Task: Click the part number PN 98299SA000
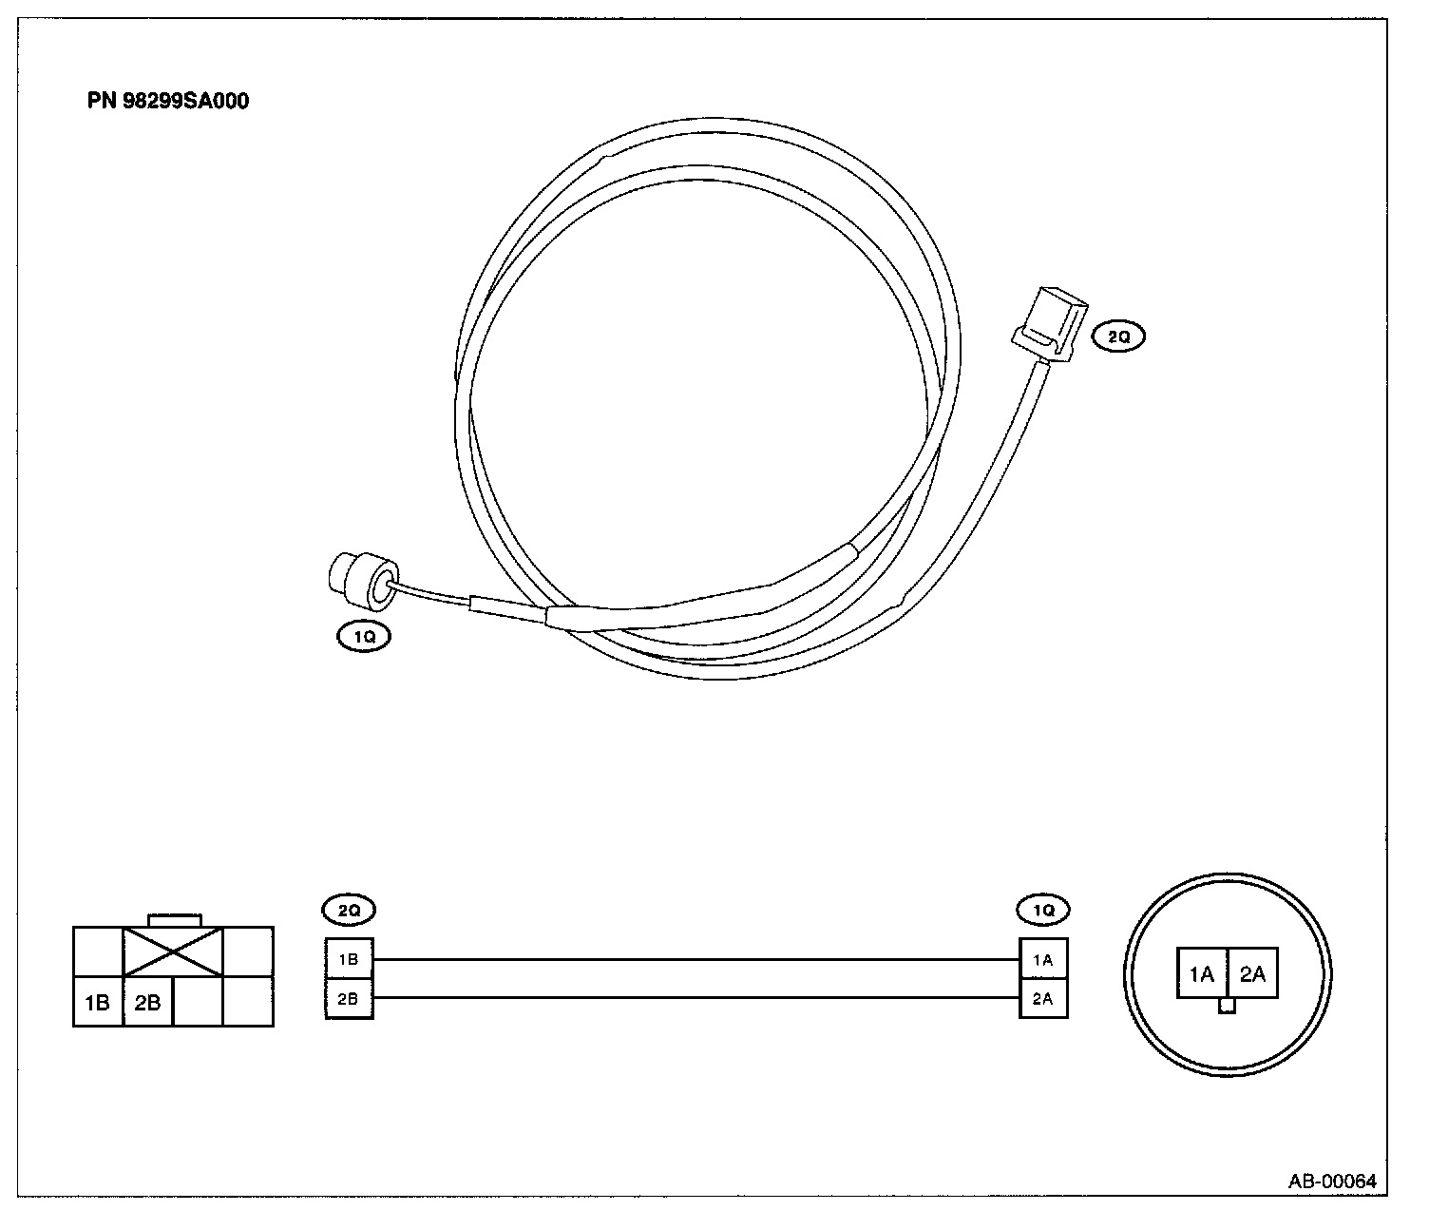(x=168, y=102)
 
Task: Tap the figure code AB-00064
(x=1332, y=1182)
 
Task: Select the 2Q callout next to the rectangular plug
(x=1118, y=336)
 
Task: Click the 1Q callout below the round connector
(x=364, y=638)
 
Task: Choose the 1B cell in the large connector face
(x=98, y=1002)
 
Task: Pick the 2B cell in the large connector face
(x=148, y=1002)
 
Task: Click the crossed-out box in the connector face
(x=173, y=951)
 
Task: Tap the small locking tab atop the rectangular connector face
(x=175, y=920)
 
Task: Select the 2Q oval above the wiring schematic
(x=349, y=910)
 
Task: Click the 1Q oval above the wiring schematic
(x=1043, y=910)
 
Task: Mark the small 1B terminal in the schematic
(x=349, y=959)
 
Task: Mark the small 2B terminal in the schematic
(x=349, y=999)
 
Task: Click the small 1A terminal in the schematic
(x=1043, y=959)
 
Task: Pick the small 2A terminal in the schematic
(x=1043, y=999)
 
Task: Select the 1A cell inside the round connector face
(x=1202, y=973)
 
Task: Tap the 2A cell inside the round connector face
(x=1252, y=973)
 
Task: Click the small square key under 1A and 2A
(x=1227, y=1007)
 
